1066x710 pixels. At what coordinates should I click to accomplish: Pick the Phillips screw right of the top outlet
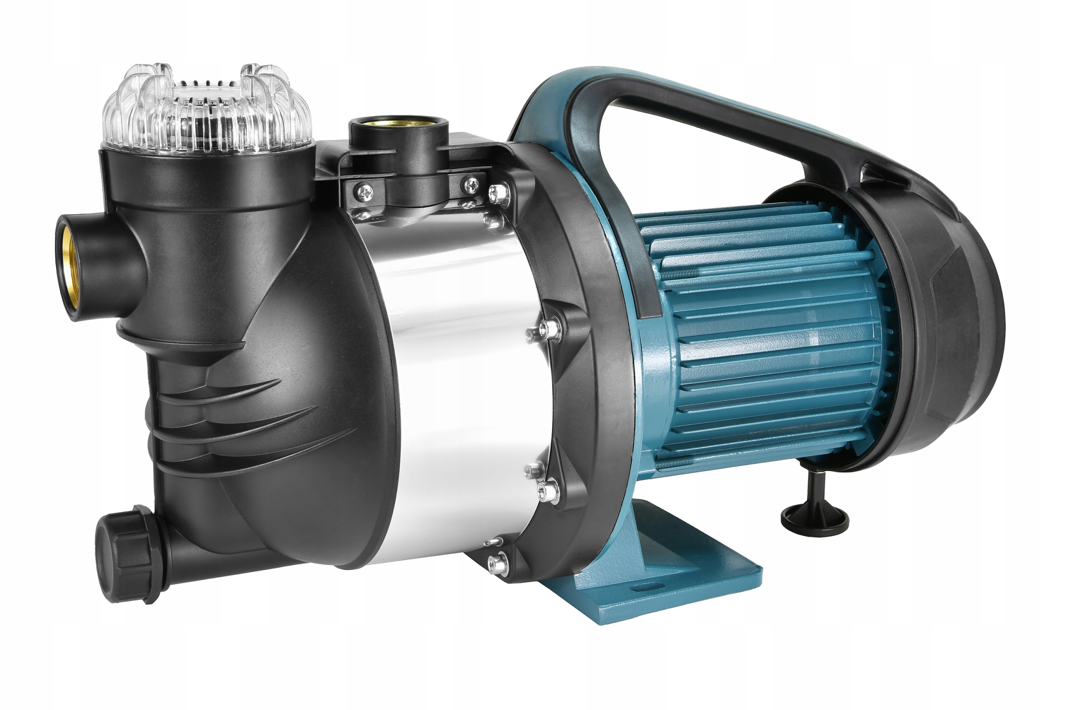(x=471, y=184)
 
